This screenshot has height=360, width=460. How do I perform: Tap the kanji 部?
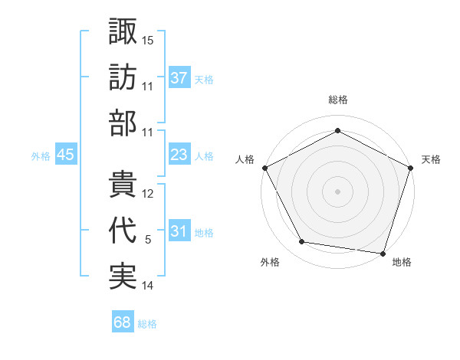click(123, 123)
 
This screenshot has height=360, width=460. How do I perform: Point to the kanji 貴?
click(123, 185)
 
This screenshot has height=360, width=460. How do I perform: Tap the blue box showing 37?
click(179, 77)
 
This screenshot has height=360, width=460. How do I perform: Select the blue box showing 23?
click(179, 155)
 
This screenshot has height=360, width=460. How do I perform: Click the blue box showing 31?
click(179, 231)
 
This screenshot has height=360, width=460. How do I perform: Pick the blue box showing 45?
click(65, 155)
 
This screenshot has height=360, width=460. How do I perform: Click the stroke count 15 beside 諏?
click(148, 39)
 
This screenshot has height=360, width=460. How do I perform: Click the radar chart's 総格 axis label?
click(337, 100)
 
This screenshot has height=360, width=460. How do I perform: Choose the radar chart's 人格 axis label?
click(245, 159)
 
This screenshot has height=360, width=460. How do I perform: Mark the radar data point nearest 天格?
click(411, 167)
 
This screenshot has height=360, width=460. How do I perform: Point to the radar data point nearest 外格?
click(302, 242)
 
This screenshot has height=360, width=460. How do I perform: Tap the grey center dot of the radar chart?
click(337, 191)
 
